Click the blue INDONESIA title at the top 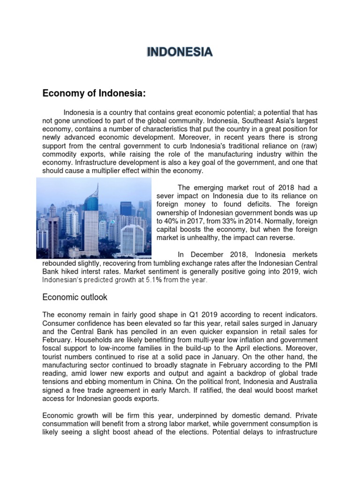click(180, 52)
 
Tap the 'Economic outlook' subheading click(75, 297)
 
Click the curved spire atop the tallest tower click(97, 190)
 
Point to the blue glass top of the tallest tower click(90, 206)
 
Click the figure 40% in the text click(172, 221)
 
